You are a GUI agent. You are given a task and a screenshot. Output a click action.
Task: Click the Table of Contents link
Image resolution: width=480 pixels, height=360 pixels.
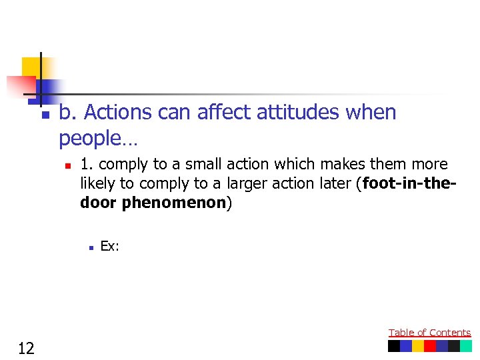[429, 333]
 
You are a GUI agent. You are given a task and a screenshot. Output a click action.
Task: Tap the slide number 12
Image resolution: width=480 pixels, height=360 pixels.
[27, 347]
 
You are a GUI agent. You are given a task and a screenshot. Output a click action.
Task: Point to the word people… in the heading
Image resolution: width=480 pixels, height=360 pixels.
[98, 138]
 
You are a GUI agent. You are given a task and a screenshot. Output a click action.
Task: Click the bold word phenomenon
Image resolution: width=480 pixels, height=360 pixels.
[173, 203]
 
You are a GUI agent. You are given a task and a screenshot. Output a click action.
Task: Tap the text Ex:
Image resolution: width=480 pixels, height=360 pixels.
[109, 246]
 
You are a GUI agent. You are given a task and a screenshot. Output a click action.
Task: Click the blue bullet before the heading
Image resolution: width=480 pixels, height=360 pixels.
[45, 115]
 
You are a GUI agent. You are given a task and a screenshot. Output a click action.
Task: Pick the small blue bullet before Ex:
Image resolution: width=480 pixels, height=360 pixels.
[89, 247]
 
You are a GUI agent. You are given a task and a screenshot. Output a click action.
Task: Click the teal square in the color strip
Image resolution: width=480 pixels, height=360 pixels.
[465, 346]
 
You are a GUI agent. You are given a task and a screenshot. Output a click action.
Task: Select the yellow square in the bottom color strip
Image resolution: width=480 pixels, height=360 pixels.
[418, 346]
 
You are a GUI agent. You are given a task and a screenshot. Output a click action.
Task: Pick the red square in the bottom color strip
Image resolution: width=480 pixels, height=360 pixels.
[430, 346]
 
